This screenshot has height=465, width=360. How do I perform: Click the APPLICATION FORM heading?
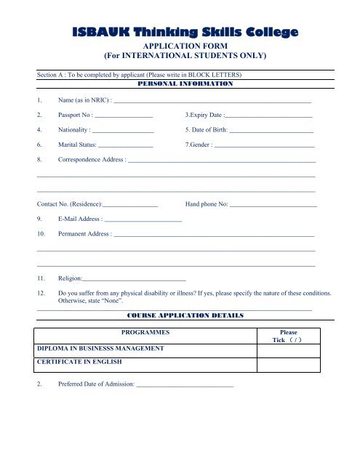pyautogui.click(x=180, y=44)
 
